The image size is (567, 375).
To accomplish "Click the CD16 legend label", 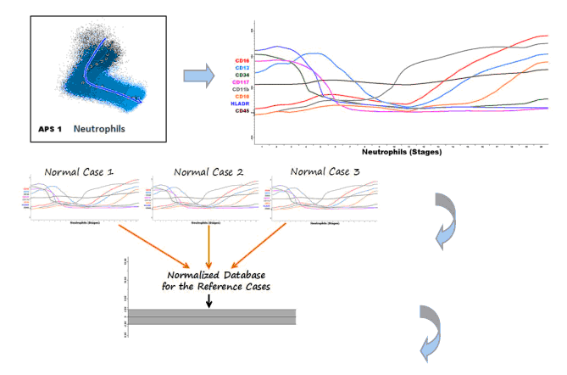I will (242, 61).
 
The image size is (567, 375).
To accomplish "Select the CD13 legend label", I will (242, 68).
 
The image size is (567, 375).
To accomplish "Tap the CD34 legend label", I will (242, 76).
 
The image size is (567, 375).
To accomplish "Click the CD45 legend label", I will (242, 111).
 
